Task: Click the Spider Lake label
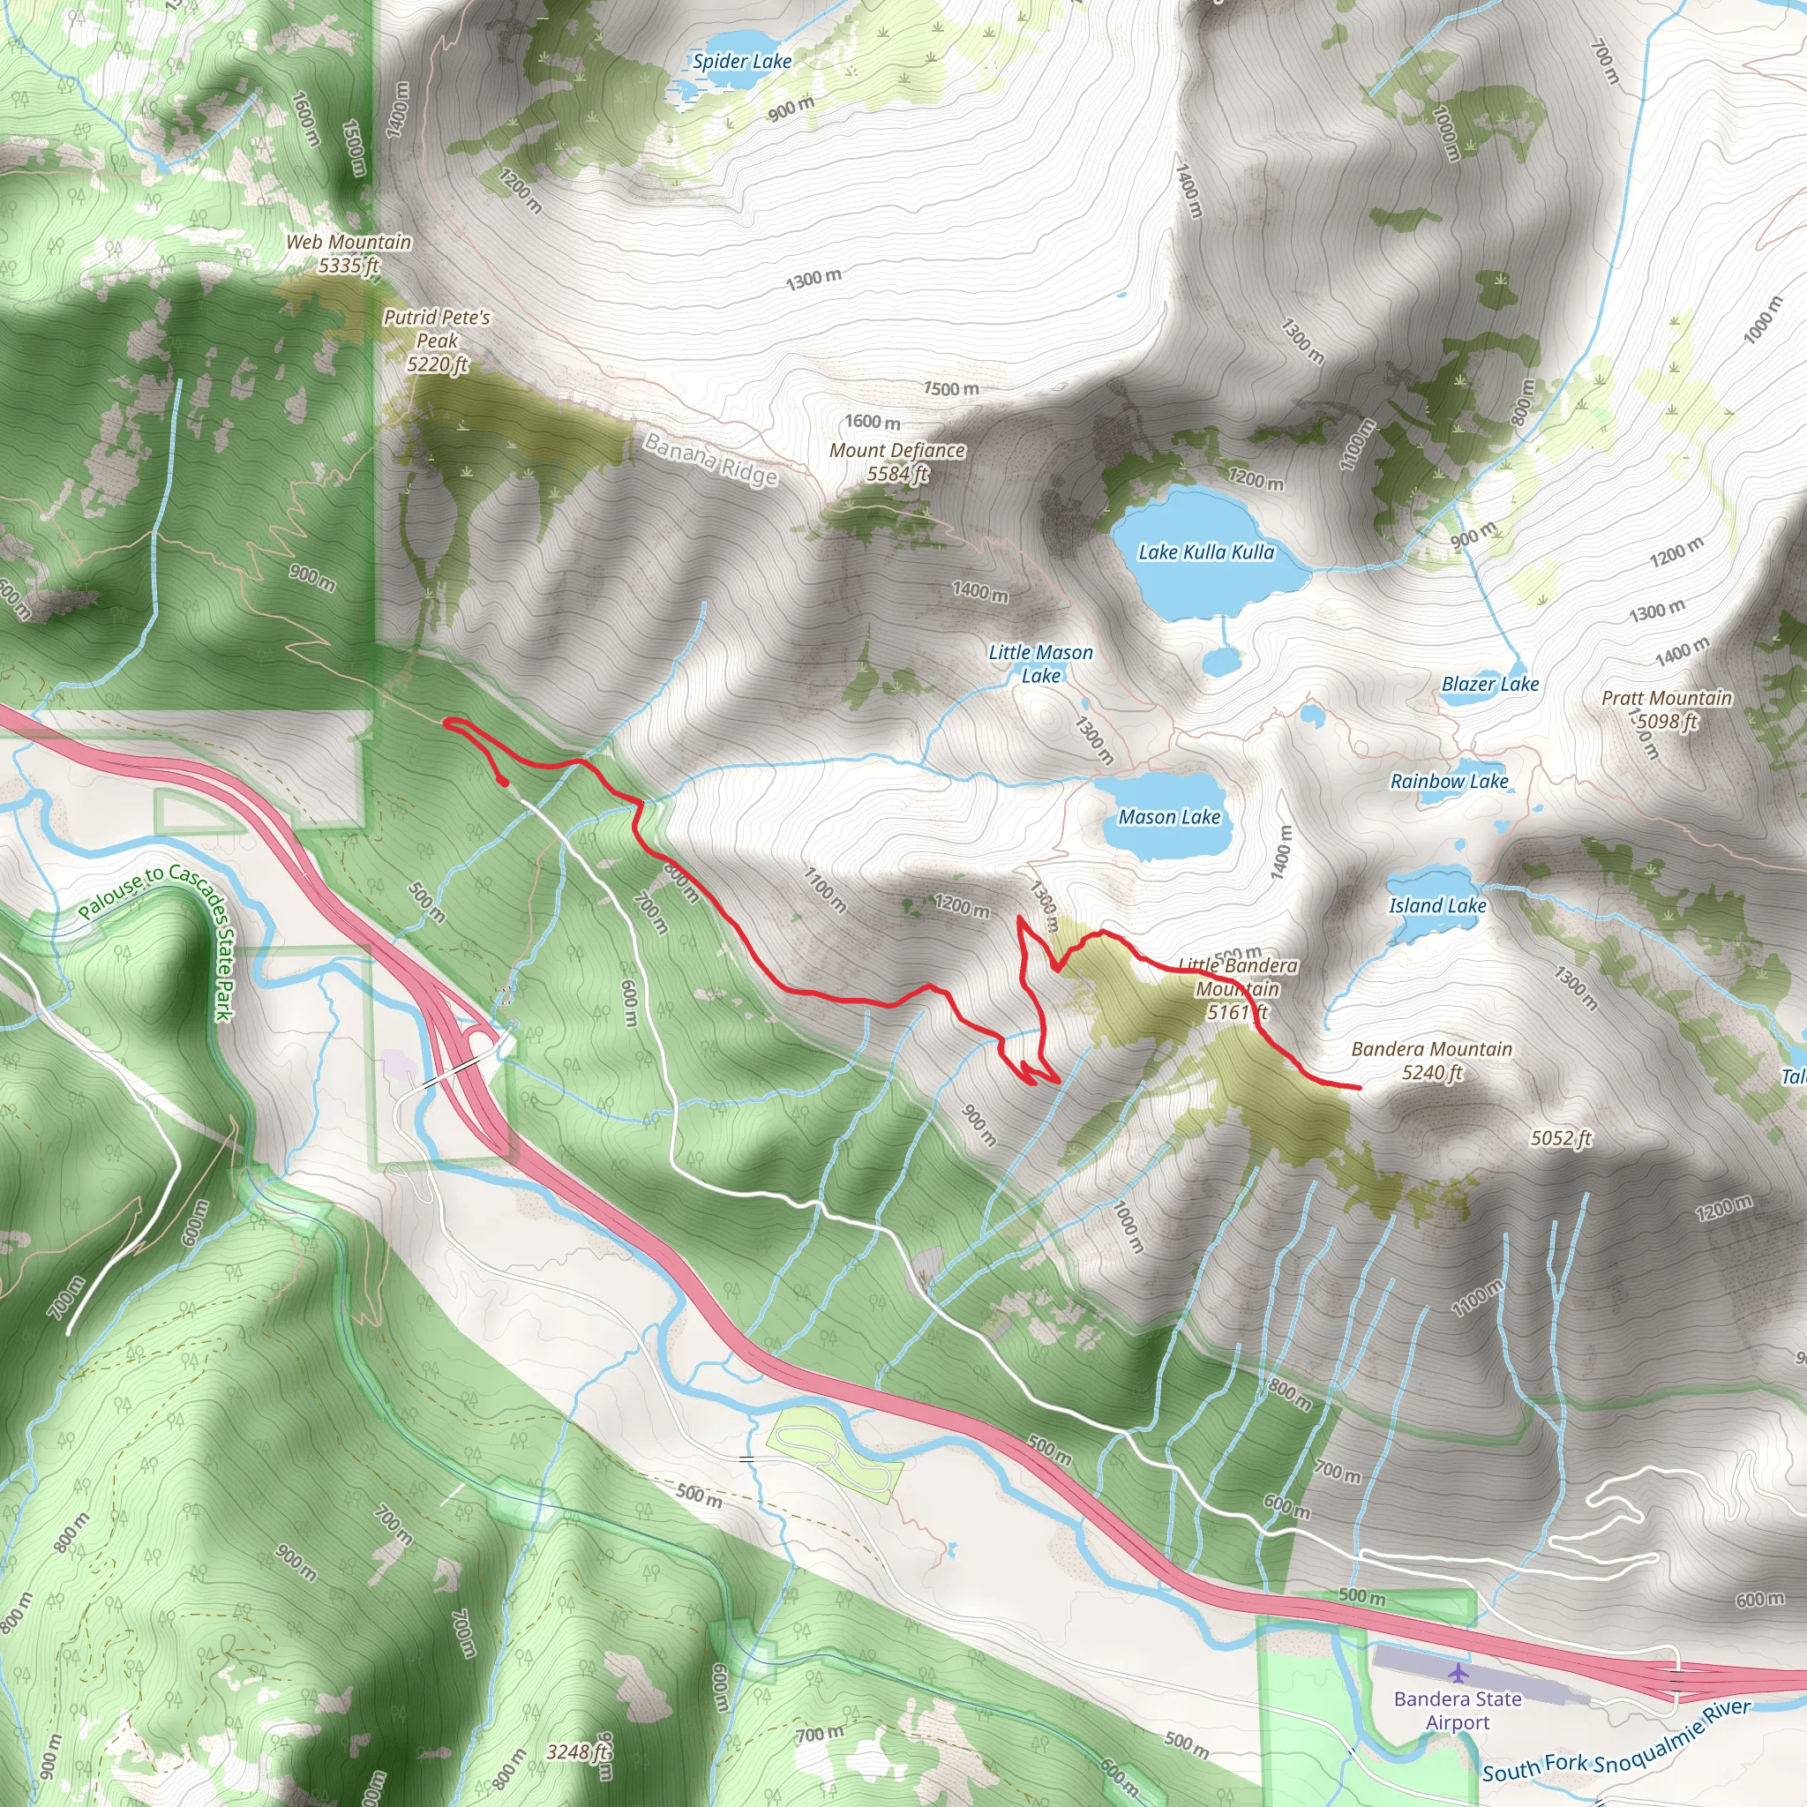click(x=742, y=62)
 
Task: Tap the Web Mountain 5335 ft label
click(x=348, y=253)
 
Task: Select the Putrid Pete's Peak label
click(x=437, y=341)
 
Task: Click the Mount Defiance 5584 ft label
click(x=897, y=462)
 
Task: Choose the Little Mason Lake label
click(x=1040, y=664)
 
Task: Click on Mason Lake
click(x=1169, y=816)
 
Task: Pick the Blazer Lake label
click(x=1489, y=684)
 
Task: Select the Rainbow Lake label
click(x=1449, y=781)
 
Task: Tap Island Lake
click(x=1436, y=904)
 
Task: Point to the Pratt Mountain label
click(x=1666, y=709)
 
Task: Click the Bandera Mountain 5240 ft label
click(x=1431, y=1061)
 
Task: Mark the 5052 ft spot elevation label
click(x=1560, y=1138)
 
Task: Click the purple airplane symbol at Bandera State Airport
click(x=1458, y=1671)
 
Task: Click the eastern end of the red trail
click(x=1358, y=1087)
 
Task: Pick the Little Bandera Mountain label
click(x=1236, y=988)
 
